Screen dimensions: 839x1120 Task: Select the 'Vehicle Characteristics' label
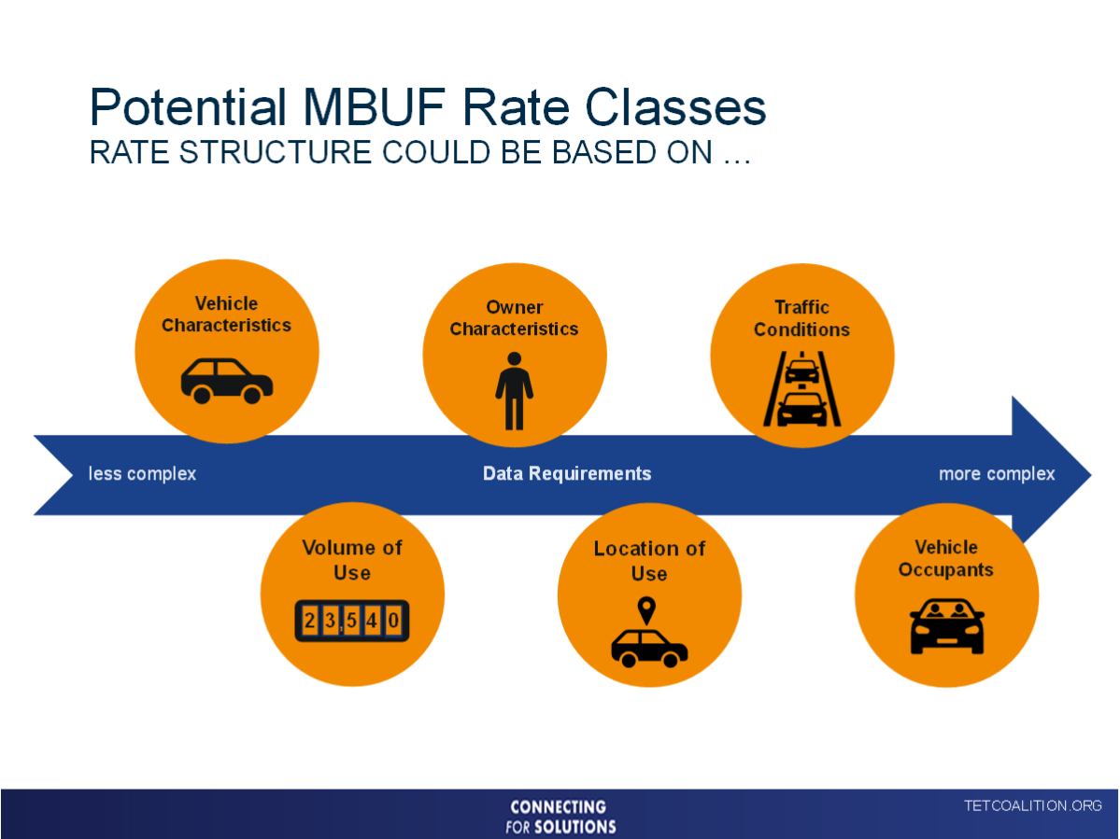pos(226,315)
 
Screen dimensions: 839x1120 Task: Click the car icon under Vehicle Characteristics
pos(226,380)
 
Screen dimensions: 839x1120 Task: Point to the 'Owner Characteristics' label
pos(514,318)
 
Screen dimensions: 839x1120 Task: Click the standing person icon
pos(514,390)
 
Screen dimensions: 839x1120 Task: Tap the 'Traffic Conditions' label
pos(801,318)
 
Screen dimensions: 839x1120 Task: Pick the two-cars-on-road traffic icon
pos(801,389)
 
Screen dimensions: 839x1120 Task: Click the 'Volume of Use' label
pos(351,560)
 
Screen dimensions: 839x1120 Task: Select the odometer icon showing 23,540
pos(352,621)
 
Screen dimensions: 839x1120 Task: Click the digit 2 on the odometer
pos(309,621)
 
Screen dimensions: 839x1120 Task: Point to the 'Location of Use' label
pos(649,561)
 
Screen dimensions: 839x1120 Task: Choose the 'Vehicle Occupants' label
pos(945,558)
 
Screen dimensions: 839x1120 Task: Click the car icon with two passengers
pos(946,626)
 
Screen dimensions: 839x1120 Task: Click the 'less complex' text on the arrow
pos(142,474)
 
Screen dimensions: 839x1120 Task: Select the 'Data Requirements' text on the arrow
pos(566,474)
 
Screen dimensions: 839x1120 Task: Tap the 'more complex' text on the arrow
pos(996,474)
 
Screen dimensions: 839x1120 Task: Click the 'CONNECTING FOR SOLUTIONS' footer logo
pos(560,816)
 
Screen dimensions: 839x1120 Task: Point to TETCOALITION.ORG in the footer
pos(1032,805)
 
